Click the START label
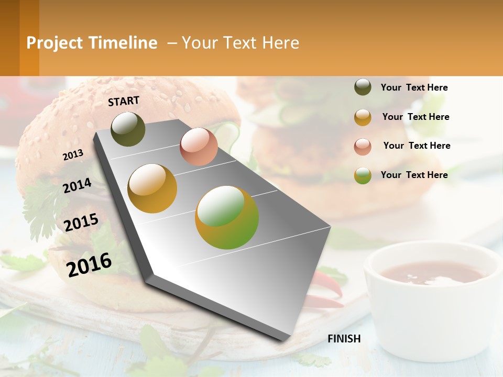(124, 101)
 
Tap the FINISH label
(344, 339)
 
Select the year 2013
(73, 154)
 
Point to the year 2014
(77, 185)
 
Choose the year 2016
(89, 264)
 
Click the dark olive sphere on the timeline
(128, 129)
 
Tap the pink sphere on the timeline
(199, 147)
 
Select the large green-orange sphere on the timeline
(227, 217)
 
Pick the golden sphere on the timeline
(152, 188)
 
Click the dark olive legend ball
(363, 87)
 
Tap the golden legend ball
(363, 117)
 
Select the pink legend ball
(363, 147)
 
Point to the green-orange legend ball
(363, 175)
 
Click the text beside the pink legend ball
(417, 146)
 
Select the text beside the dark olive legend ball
(414, 87)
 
